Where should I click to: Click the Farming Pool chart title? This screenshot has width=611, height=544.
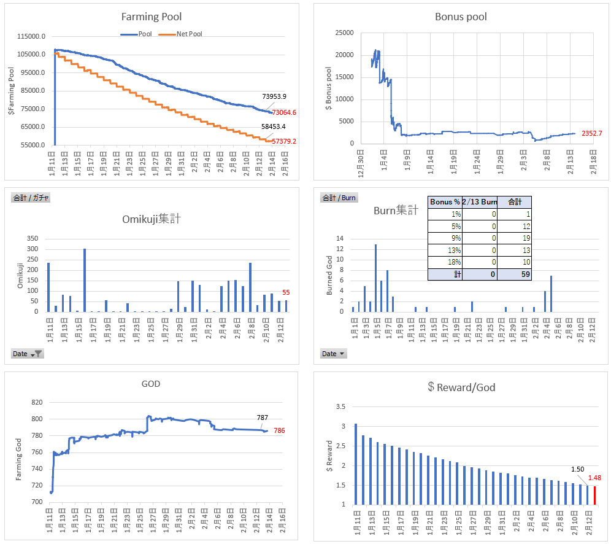[151, 17]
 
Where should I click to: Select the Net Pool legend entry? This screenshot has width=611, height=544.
[180, 34]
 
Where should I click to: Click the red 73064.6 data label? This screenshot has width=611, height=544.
[284, 112]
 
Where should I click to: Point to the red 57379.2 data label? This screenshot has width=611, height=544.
[284, 141]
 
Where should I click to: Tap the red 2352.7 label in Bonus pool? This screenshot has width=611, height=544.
[592, 133]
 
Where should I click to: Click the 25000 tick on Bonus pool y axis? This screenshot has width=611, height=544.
[345, 33]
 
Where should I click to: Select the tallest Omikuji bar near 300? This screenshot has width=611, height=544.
[85, 280]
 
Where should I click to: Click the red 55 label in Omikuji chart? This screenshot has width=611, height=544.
[286, 292]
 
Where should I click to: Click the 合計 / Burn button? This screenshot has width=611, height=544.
[339, 198]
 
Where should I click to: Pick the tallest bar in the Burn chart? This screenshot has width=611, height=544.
[375, 278]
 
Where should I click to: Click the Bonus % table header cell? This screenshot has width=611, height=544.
[445, 202]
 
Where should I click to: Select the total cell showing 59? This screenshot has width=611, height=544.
[514, 274]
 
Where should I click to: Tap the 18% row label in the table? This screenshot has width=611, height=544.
[445, 262]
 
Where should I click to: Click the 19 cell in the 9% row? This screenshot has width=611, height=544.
[514, 238]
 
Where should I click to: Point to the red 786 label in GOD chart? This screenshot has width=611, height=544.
[279, 430]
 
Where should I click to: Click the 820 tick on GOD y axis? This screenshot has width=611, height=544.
[37, 402]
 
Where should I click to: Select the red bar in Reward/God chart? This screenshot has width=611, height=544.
[594, 495]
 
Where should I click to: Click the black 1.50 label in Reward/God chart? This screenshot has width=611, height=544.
[577, 469]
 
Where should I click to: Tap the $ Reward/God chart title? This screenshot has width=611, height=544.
[461, 387]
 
